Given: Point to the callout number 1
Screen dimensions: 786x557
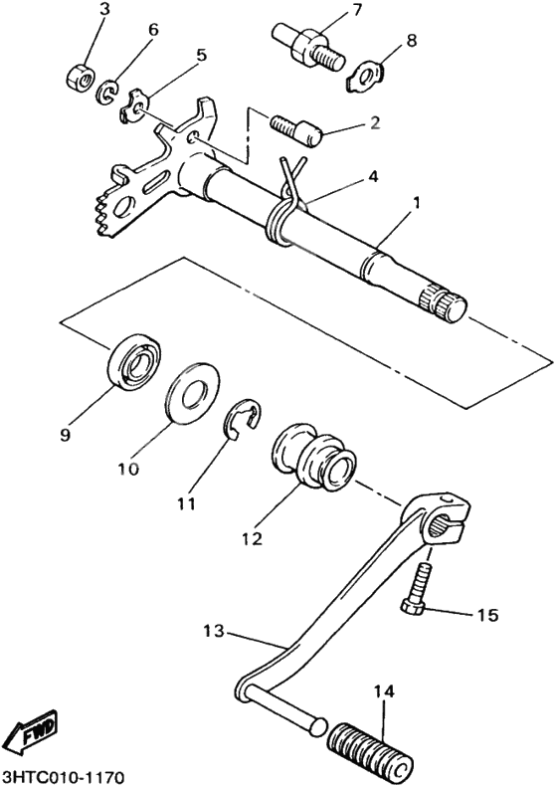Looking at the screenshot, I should [417, 203].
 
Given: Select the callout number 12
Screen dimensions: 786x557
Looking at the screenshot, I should [251, 538].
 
